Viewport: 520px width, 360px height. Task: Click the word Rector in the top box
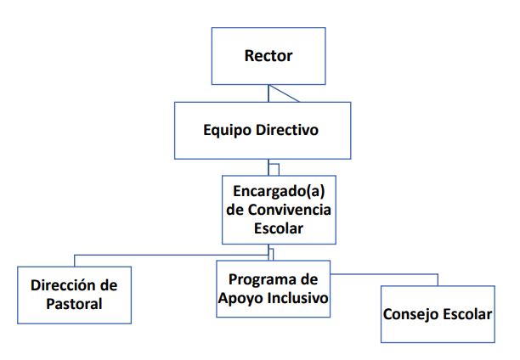tap(268, 56)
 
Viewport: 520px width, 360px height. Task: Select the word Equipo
tap(227, 130)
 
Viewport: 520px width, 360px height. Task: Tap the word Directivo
tap(287, 129)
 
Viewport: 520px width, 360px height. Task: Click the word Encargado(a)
tap(279, 192)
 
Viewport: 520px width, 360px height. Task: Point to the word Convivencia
tap(289, 210)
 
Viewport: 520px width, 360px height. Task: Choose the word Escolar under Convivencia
tap(279, 228)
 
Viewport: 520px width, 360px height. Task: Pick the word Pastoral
tap(74, 304)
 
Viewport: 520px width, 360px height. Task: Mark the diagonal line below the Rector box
tap(284, 93)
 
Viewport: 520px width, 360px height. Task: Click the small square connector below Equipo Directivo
tap(274, 170)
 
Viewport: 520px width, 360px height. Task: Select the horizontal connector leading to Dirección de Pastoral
tap(172, 256)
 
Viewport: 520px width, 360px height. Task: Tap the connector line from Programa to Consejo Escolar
tap(384, 274)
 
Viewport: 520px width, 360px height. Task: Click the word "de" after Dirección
tap(109, 285)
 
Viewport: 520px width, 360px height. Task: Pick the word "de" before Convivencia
tap(235, 210)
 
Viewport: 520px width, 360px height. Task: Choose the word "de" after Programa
tap(309, 279)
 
